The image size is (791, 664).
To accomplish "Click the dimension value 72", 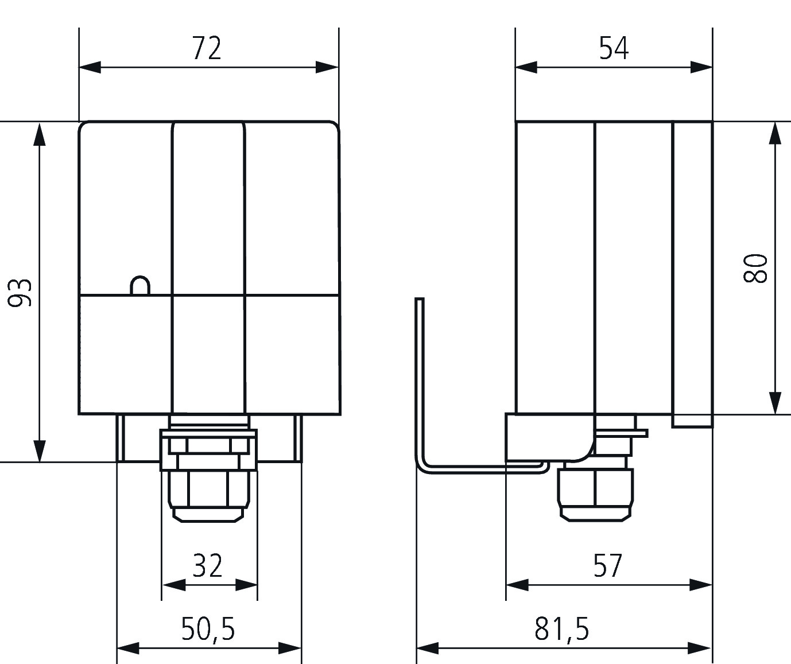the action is coord(207,48).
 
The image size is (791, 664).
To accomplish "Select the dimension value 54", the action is coord(614,48).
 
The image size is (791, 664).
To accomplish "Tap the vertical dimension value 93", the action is coord(20,293).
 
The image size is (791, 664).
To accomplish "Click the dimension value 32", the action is coord(207,565).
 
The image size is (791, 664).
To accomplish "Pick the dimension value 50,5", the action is coord(208,629).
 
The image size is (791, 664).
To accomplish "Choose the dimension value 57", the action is coord(608,565).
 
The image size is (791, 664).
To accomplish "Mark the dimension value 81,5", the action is coord(562,629).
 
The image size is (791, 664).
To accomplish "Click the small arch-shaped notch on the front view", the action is coord(140,285).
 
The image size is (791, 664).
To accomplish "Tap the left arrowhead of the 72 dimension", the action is coord(90,67).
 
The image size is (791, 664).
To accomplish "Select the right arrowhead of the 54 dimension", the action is coord(701,67).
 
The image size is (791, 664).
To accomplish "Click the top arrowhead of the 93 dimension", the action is coord(40,134).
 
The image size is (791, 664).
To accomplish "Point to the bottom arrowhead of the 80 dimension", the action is coord(775,403).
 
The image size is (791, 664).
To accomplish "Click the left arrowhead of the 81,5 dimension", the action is coord(428,648).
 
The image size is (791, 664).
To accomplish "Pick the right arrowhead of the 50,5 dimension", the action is coord(290,648).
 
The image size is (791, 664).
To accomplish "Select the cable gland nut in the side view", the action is coord(595,494).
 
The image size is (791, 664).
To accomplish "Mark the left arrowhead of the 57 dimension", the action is coord(517,585).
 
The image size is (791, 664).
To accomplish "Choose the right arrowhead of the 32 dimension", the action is coord(246,585).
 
